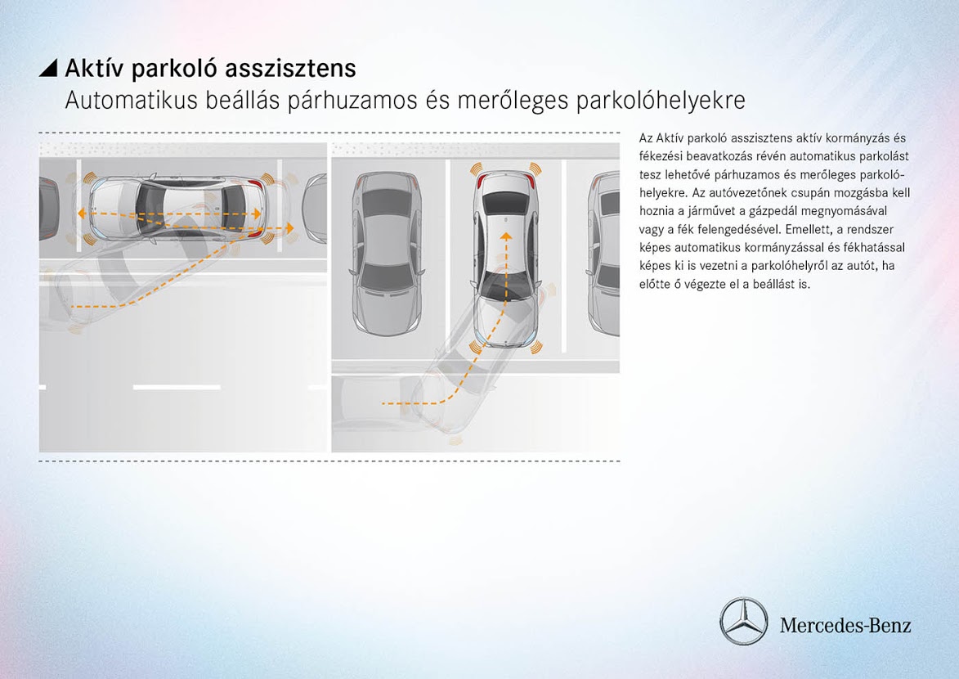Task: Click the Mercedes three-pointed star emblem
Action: click(x=743, y=621)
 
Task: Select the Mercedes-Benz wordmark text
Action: click(x=845, y=626)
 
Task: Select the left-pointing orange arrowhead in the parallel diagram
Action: click(x=82, y=214)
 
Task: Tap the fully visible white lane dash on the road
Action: click(x=177, y=386)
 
